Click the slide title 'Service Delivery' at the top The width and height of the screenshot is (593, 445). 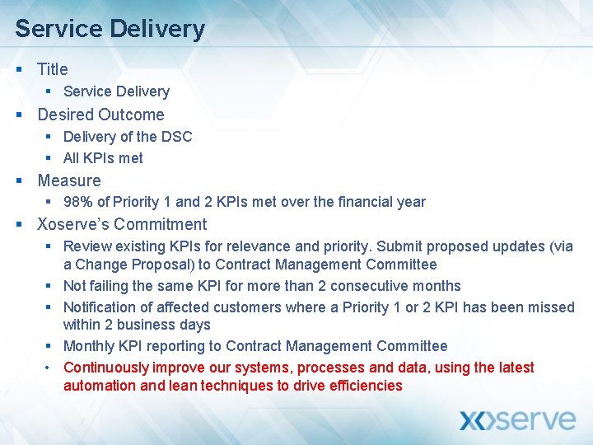coord(110,29)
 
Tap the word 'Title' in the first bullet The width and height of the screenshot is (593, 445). coord(53,69)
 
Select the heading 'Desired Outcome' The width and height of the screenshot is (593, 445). coord(100,115)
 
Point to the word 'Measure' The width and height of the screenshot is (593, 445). coord(69,180)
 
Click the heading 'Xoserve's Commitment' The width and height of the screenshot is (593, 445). coord(122,224)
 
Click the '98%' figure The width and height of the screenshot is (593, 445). coord(78,202)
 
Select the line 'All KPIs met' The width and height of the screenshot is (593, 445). coord(103,158)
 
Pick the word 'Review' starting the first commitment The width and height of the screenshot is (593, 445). coord(86,246)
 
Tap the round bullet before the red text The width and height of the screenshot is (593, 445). coord(49,368)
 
